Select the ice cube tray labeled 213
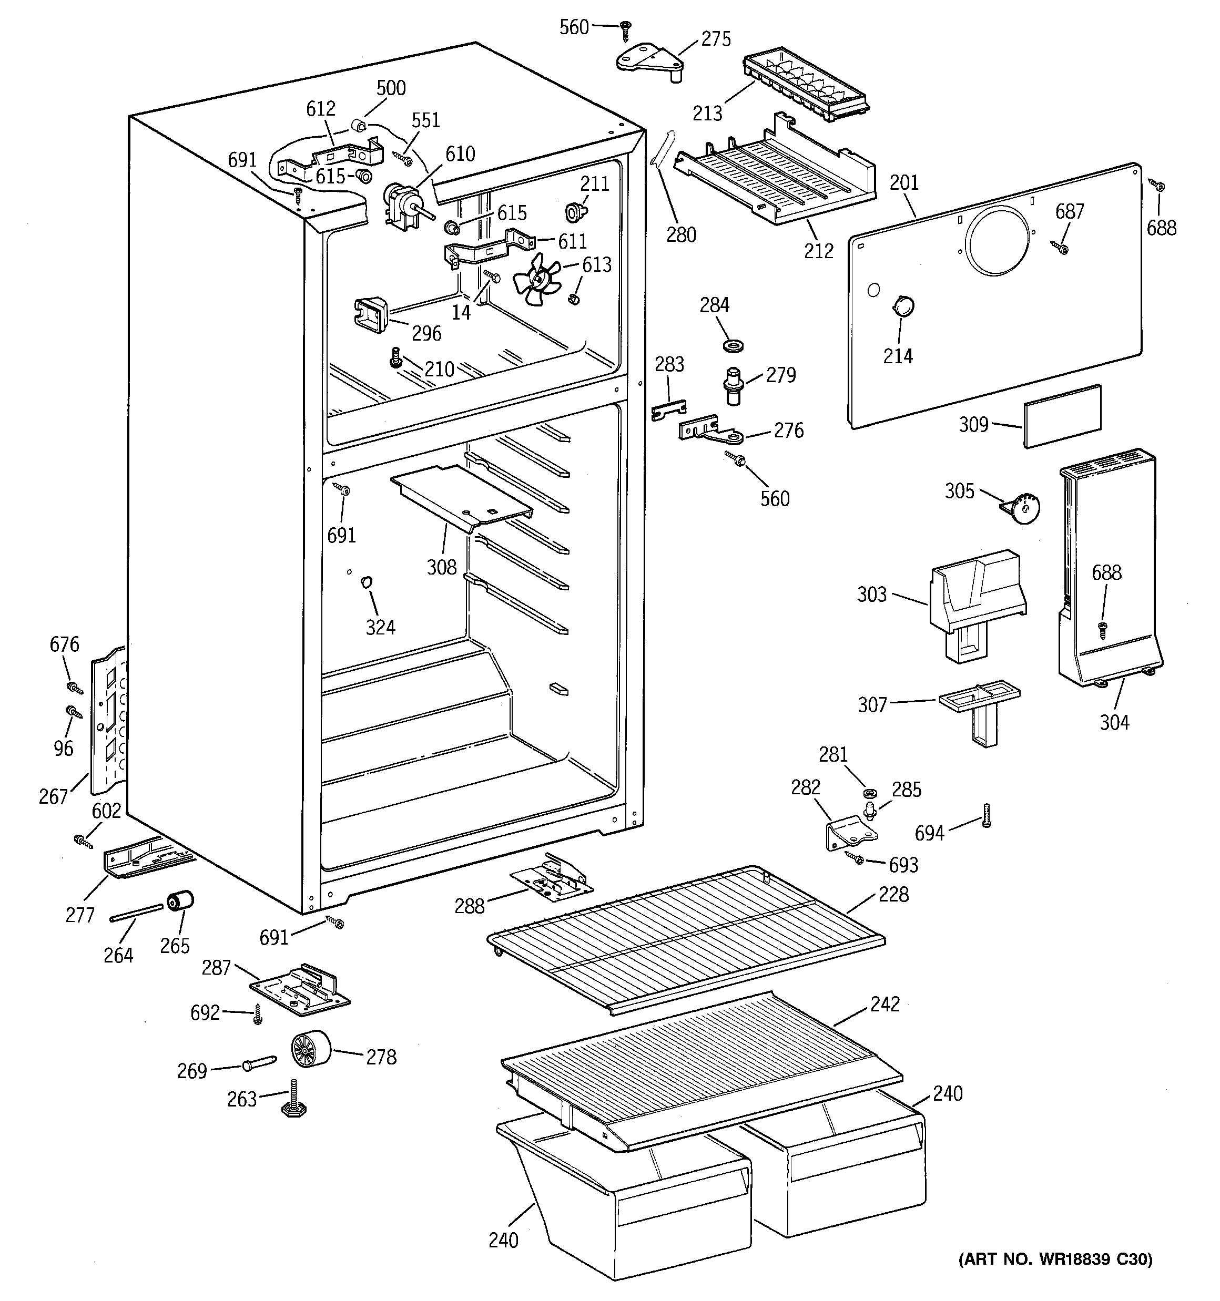click(x=805, y=85)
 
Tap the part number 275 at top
click(x=716, y=39)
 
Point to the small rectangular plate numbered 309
click(x=1062, y=416)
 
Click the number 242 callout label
click(x=884, y=1004)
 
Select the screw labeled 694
click(x=986, y=815)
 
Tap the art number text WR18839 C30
click(x=1055, y=1258)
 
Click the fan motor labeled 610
click(x=400, y=204)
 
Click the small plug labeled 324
click(x=367, y=581)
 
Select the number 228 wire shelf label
click(x=893, y=894)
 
